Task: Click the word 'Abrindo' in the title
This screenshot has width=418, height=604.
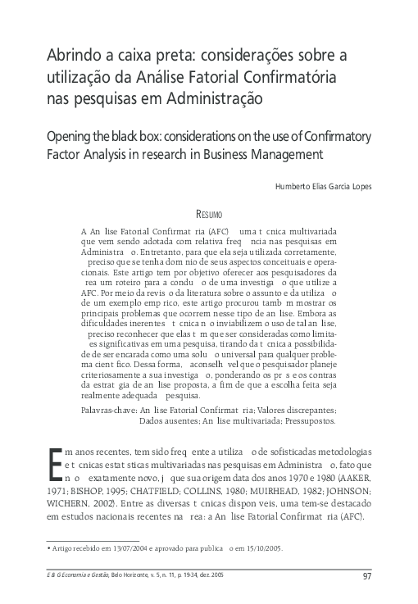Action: tap(70, 55)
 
